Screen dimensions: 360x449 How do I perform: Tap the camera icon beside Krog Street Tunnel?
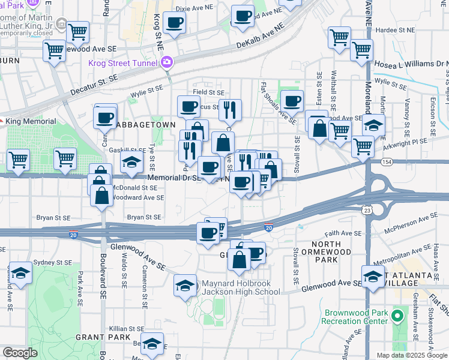point(166,62)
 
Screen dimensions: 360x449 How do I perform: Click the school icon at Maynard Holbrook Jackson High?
point(185,285)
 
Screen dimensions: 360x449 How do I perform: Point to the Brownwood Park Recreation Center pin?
point(397,316)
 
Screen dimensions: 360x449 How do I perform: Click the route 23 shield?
point(375,209)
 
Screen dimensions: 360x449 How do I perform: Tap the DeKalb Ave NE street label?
point(259,37)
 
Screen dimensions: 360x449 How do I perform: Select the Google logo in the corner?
point(20,353)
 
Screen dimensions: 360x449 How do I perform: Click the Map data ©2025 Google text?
point(412,355)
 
